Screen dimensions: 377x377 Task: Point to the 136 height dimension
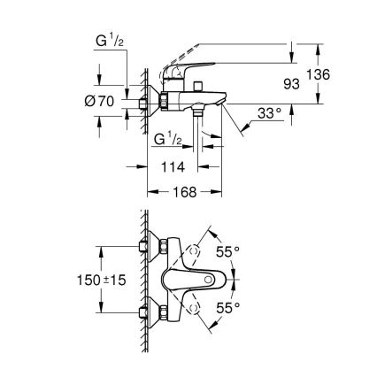(319, 75)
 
